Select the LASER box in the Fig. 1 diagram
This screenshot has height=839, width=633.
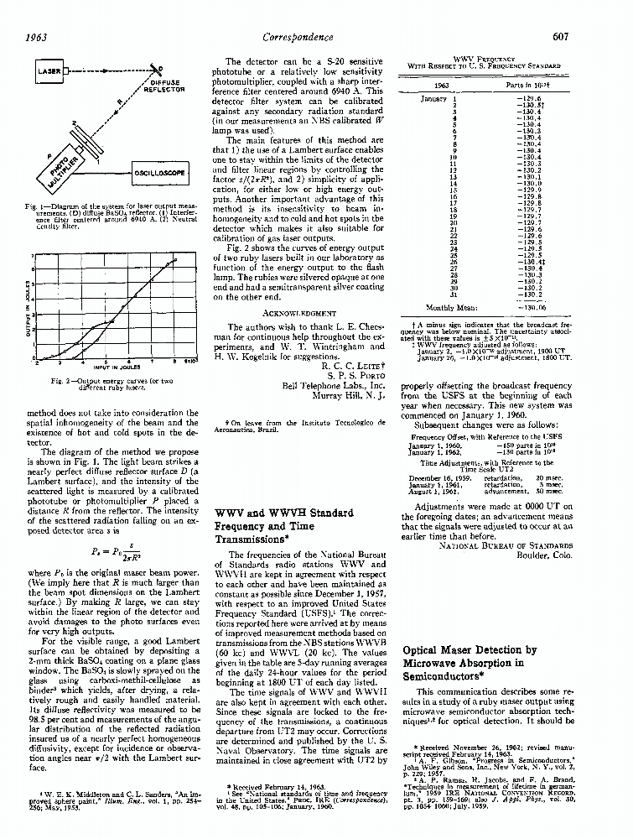click(50, 72)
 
